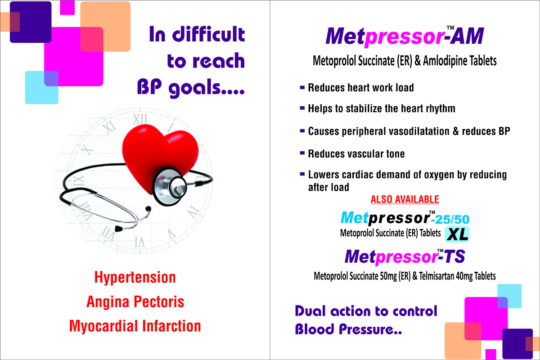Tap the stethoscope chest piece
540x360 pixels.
[170, 186]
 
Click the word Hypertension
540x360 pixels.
[135, 277]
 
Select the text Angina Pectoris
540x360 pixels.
[135, 301]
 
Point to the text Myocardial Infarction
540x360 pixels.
[135, 326]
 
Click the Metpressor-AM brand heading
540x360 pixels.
[405, 36]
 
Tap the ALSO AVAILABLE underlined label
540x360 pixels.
[405, 199]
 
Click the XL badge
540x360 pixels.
[457, 234]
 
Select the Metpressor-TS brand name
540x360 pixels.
[405, 256]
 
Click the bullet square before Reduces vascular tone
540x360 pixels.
[302, 153]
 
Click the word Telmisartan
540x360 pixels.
[436, 276]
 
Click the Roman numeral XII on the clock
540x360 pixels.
[140, 119]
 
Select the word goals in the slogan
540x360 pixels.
[194, 88]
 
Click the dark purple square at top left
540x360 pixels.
[31, 22]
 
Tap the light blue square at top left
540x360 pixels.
[42, 88]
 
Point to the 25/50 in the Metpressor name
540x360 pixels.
[452, 220]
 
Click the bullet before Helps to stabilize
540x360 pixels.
[302, 108]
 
